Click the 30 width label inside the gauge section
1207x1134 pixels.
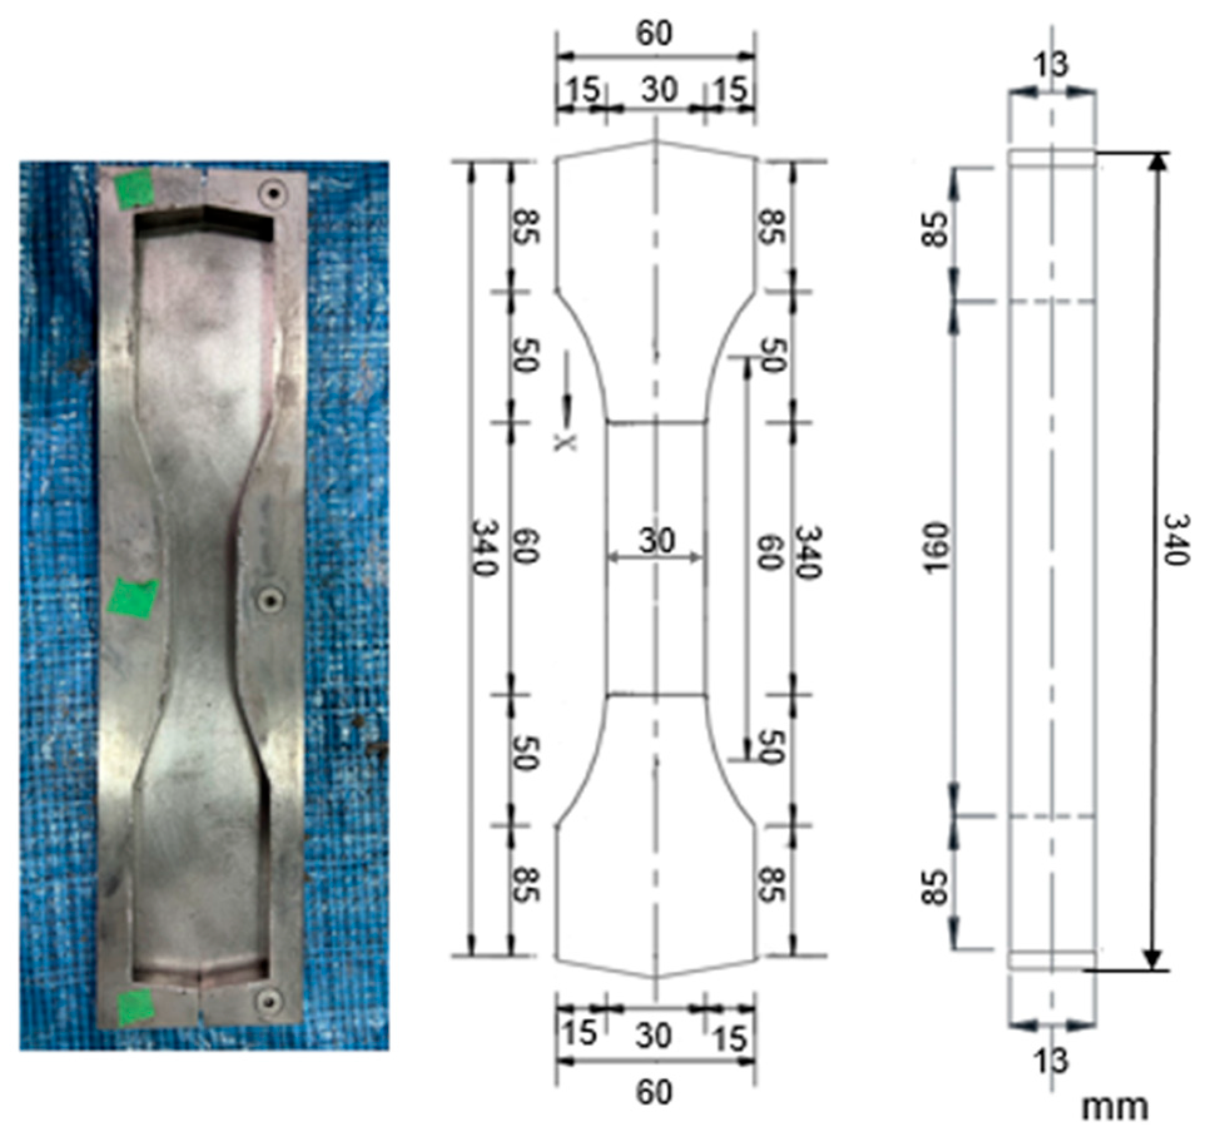657,540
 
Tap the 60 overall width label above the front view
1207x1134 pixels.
654,33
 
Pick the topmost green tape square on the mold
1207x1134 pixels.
135,188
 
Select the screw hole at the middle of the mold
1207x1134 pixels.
270,600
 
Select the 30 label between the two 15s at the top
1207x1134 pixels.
659,89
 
